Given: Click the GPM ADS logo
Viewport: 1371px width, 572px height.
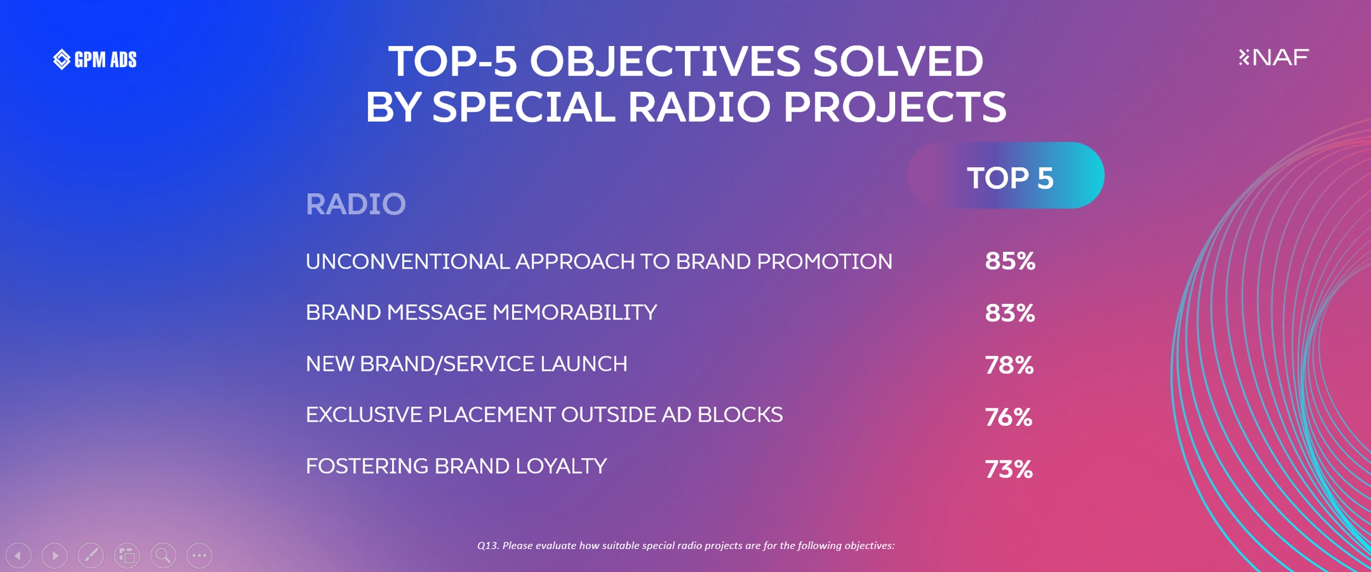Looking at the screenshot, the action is coord(95,59).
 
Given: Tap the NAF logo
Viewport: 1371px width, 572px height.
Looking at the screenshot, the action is coord(1273,57).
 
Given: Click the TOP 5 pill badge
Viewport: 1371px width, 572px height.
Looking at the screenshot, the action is coord(1006,176).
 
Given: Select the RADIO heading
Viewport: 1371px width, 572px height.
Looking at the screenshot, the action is coord(356,204).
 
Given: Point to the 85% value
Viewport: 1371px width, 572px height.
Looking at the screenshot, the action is coord(1010,261).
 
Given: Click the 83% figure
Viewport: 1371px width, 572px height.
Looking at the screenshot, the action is coord(1010,313).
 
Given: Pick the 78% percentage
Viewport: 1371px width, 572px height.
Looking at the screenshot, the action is coord(1009,365).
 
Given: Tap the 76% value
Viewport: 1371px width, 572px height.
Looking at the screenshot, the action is coord(1009,417).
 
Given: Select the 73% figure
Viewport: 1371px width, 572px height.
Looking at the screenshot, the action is coord(1009,469).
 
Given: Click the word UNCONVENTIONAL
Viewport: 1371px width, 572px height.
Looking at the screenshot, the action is coord(408,262).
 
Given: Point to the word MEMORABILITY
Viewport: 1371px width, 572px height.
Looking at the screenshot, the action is coord(574,312).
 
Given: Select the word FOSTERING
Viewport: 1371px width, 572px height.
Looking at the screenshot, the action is coord(367,466).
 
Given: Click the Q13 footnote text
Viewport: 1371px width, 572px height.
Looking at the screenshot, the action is coord(685,545).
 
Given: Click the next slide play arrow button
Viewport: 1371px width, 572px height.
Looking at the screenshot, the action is coord(54,555).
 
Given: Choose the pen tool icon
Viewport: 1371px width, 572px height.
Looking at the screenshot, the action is coord(91,555).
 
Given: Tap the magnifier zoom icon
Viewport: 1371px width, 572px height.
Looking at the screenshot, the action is coord(163,555).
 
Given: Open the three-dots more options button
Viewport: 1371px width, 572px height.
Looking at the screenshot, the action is coord(199,555).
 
